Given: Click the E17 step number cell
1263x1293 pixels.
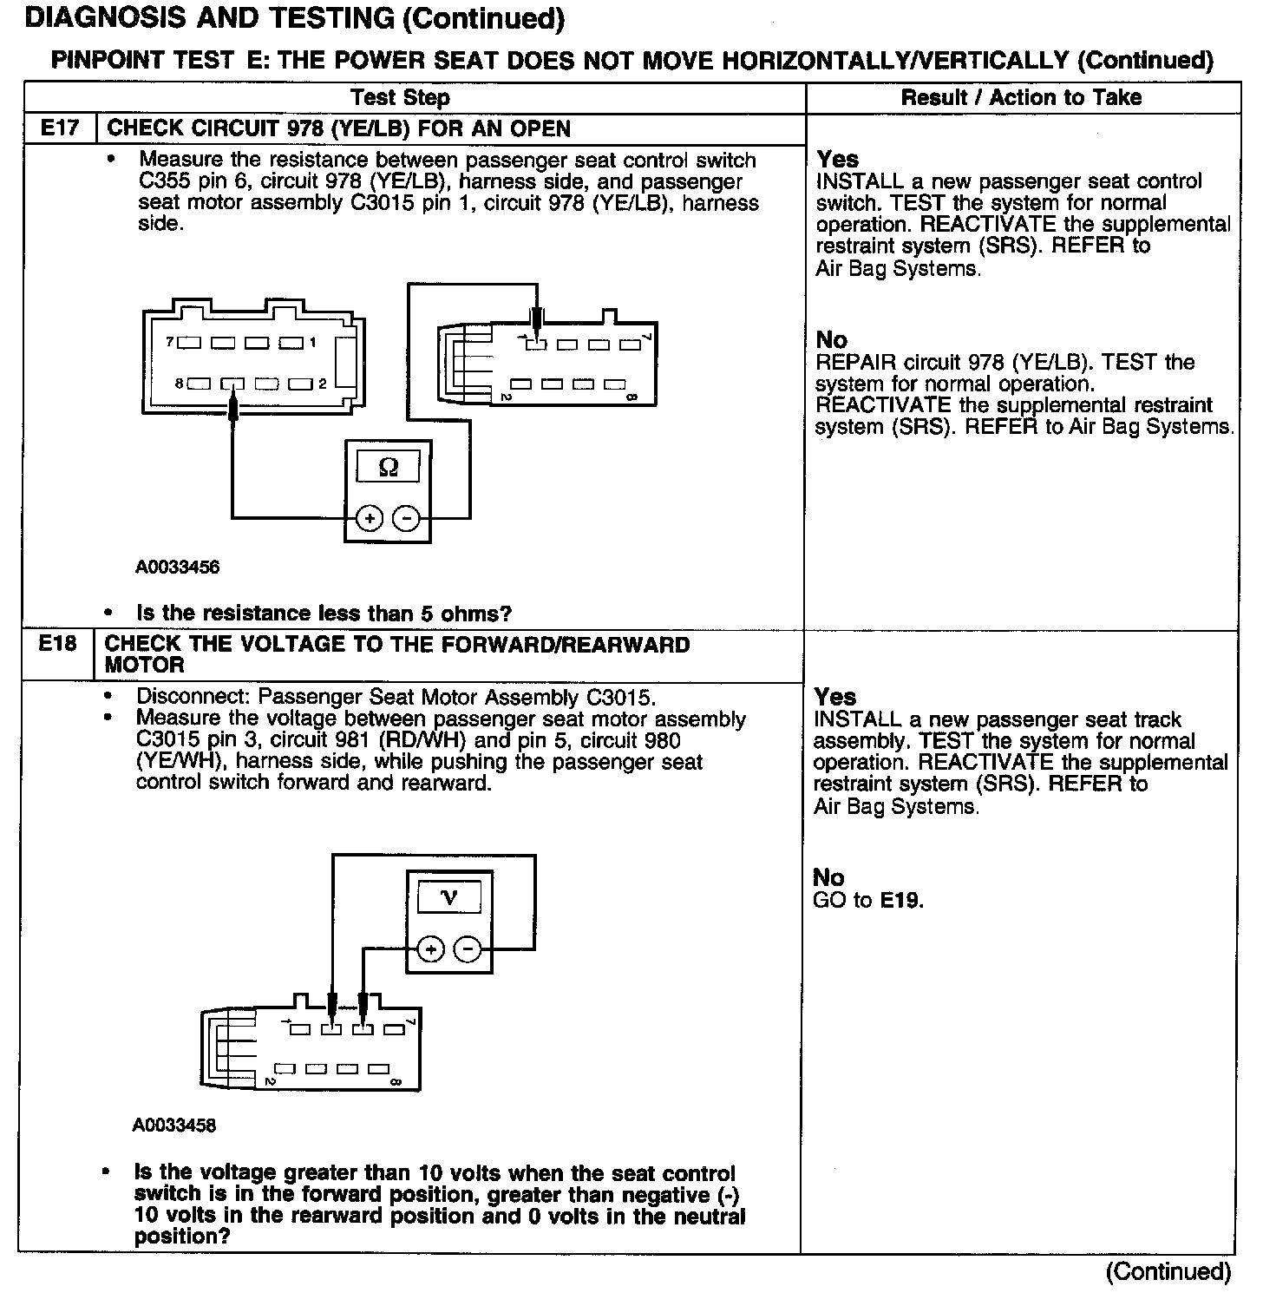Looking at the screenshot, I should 60,128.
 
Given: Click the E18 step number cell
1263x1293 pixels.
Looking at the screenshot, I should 57,644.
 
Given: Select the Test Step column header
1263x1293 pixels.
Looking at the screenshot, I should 400,97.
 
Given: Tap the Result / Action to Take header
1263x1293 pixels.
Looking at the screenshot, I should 1021,97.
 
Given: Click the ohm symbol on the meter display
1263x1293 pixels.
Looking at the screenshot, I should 389,468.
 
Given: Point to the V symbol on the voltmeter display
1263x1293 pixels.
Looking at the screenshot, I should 449,897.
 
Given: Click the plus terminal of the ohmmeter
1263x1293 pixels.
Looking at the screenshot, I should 370,519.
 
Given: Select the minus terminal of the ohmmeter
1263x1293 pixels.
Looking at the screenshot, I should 406,519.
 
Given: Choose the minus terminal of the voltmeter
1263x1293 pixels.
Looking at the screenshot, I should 468,949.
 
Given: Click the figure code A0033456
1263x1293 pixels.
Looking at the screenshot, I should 178,568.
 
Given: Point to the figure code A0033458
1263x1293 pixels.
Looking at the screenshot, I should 174,1126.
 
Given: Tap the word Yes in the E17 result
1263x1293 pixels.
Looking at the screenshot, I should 838,160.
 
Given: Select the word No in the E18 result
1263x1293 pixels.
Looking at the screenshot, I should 828,877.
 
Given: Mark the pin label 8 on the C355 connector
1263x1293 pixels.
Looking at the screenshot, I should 179,383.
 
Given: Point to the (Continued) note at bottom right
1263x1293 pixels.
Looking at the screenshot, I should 1168,1271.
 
